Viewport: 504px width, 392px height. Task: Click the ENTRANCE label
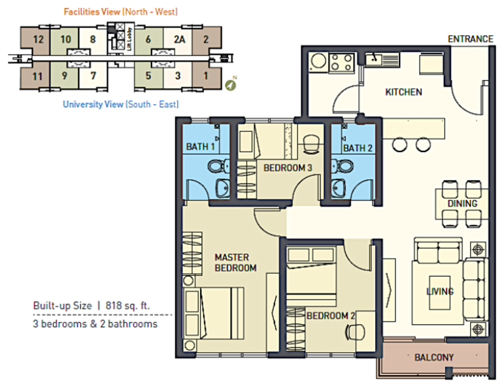470,39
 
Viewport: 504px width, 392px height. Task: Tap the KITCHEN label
404,92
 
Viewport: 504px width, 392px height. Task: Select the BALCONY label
434,357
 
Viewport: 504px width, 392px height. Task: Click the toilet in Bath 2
343,167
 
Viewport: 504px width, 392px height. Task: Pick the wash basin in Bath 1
222,188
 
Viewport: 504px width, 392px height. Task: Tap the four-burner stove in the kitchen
342,62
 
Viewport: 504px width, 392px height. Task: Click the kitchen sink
382,59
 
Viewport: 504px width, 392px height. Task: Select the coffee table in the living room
439,292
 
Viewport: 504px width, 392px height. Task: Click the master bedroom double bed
213,313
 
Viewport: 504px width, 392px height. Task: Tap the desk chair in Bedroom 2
354,331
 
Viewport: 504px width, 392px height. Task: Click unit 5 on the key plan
149,75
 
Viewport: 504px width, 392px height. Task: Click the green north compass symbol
230,85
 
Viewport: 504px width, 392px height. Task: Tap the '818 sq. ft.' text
127,305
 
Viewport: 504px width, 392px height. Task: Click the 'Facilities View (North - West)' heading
120,12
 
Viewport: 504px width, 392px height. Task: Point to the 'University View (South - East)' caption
120,104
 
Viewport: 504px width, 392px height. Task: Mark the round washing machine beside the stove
318,61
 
